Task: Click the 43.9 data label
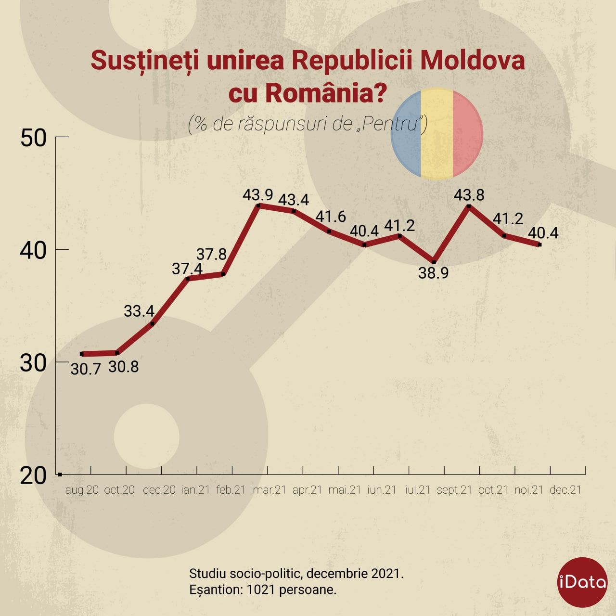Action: pos(257,195)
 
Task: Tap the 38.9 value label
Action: pos(434,273)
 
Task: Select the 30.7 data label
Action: pos(86,369)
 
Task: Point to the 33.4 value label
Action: pos(139,311)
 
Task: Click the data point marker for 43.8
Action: pos(469,206)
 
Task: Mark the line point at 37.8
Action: pos(223,274)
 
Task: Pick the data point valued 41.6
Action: pos(329,231)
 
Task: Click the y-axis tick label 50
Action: pos(33,138)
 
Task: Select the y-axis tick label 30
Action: pos(33,363)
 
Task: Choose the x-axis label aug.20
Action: pos(82,490)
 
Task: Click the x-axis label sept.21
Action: pos(454,490)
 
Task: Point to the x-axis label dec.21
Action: pos(565,490)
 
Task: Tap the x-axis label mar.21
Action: pos(269,490)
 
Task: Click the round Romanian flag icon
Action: pos(436,133)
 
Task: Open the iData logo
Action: pos(582,582)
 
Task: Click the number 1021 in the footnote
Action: pos(260,589)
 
